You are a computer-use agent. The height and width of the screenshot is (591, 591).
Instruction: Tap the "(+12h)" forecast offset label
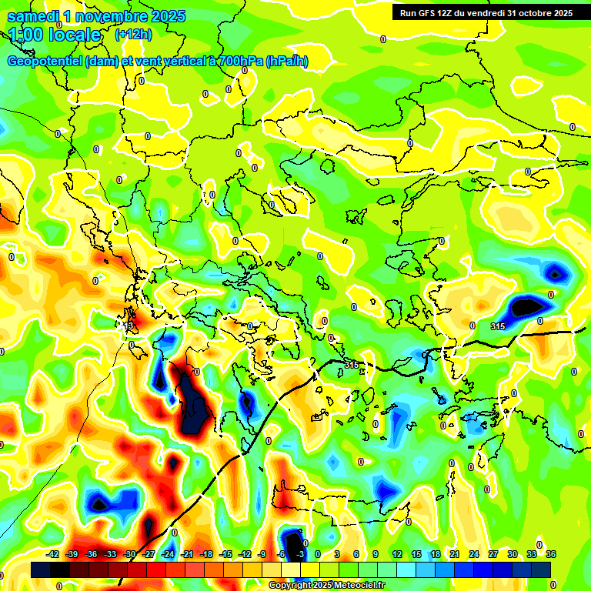point(133,35)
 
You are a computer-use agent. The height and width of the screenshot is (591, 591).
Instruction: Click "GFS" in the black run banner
point(428,13)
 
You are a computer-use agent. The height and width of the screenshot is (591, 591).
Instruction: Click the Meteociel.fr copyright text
point(326,586)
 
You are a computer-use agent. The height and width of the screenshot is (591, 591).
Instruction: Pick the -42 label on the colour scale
point(53,554)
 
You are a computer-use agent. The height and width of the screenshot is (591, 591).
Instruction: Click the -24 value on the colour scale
point(168,554)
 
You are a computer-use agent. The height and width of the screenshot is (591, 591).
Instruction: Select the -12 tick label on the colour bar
point(245,554)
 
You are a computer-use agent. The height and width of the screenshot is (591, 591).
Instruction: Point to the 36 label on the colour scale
point(551,554)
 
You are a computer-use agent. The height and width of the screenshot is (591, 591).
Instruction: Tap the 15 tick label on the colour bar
point(416,554)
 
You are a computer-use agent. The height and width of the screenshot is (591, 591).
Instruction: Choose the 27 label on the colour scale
point(493,554)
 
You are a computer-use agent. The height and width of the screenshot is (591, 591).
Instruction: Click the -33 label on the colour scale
point(110,554)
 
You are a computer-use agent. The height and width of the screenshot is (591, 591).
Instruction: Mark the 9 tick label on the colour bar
point(376,554)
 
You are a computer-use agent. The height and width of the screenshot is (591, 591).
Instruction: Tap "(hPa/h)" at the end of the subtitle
point(287,62)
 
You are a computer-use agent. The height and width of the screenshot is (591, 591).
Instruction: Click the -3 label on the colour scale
point(301,554)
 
